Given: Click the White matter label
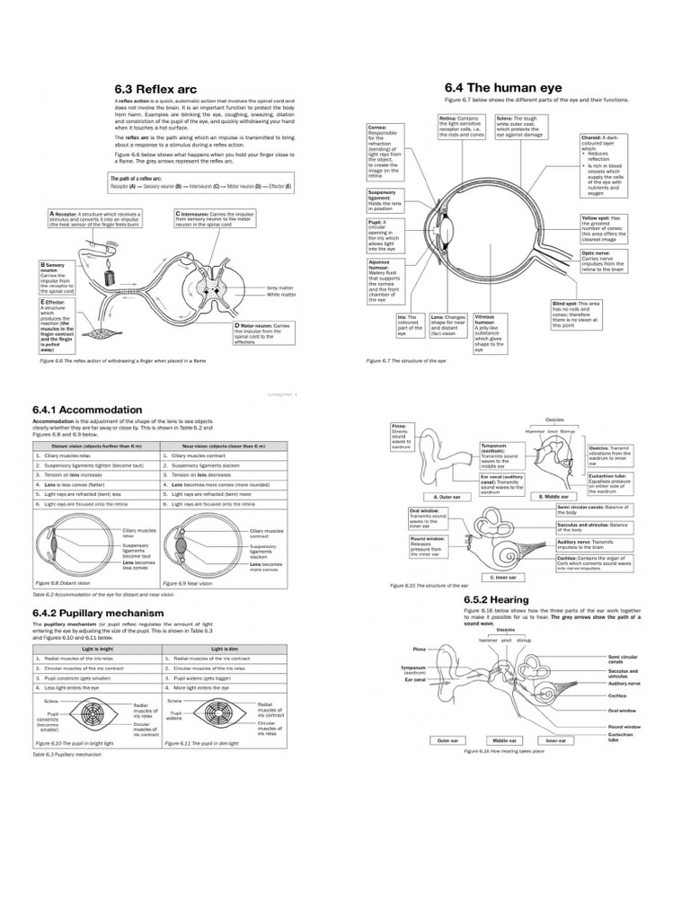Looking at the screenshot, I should [281, 294].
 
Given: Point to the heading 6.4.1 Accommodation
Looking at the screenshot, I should [87, 409].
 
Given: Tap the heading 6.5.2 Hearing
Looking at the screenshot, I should [496, 599].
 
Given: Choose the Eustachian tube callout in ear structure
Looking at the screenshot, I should [609, 482].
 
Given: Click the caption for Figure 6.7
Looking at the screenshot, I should [405, 360].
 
